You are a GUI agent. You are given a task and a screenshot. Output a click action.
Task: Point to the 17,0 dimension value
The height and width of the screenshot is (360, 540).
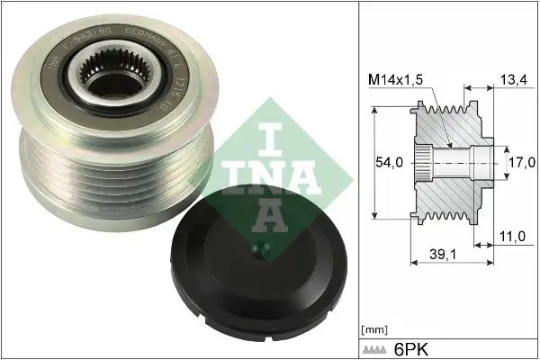pos(521,165)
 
